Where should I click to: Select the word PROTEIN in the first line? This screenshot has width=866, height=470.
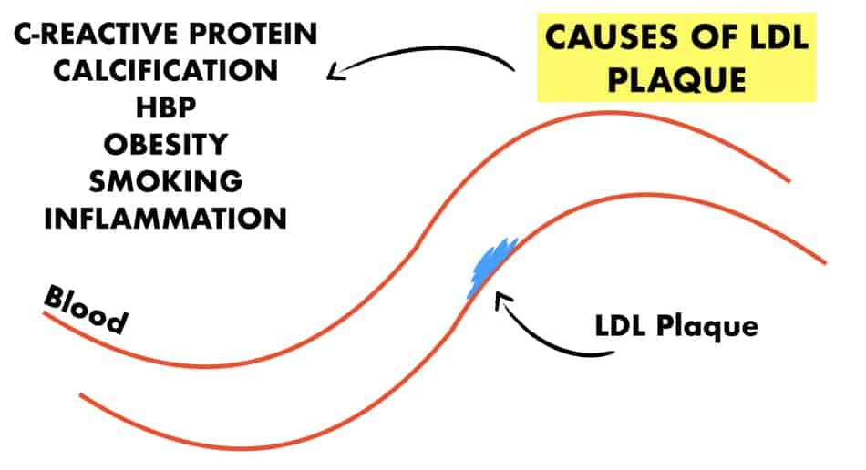tap(253, 34)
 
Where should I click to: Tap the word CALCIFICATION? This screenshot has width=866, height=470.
tap(165, 71)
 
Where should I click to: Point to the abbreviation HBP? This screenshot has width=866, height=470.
tap(166, 107)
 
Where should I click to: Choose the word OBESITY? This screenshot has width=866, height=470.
tap(166, 144)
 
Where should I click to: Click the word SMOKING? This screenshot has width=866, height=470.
tap(166, 181)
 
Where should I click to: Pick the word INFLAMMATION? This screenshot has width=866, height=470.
tap(166, 219)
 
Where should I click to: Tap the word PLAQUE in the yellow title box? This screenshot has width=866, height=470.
tap(676, 80)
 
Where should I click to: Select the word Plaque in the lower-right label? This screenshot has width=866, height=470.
tap(707, 327)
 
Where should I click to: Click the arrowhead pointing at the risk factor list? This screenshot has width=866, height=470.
tap(335, 72)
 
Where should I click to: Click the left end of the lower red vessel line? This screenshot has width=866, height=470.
tap(80, 395)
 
